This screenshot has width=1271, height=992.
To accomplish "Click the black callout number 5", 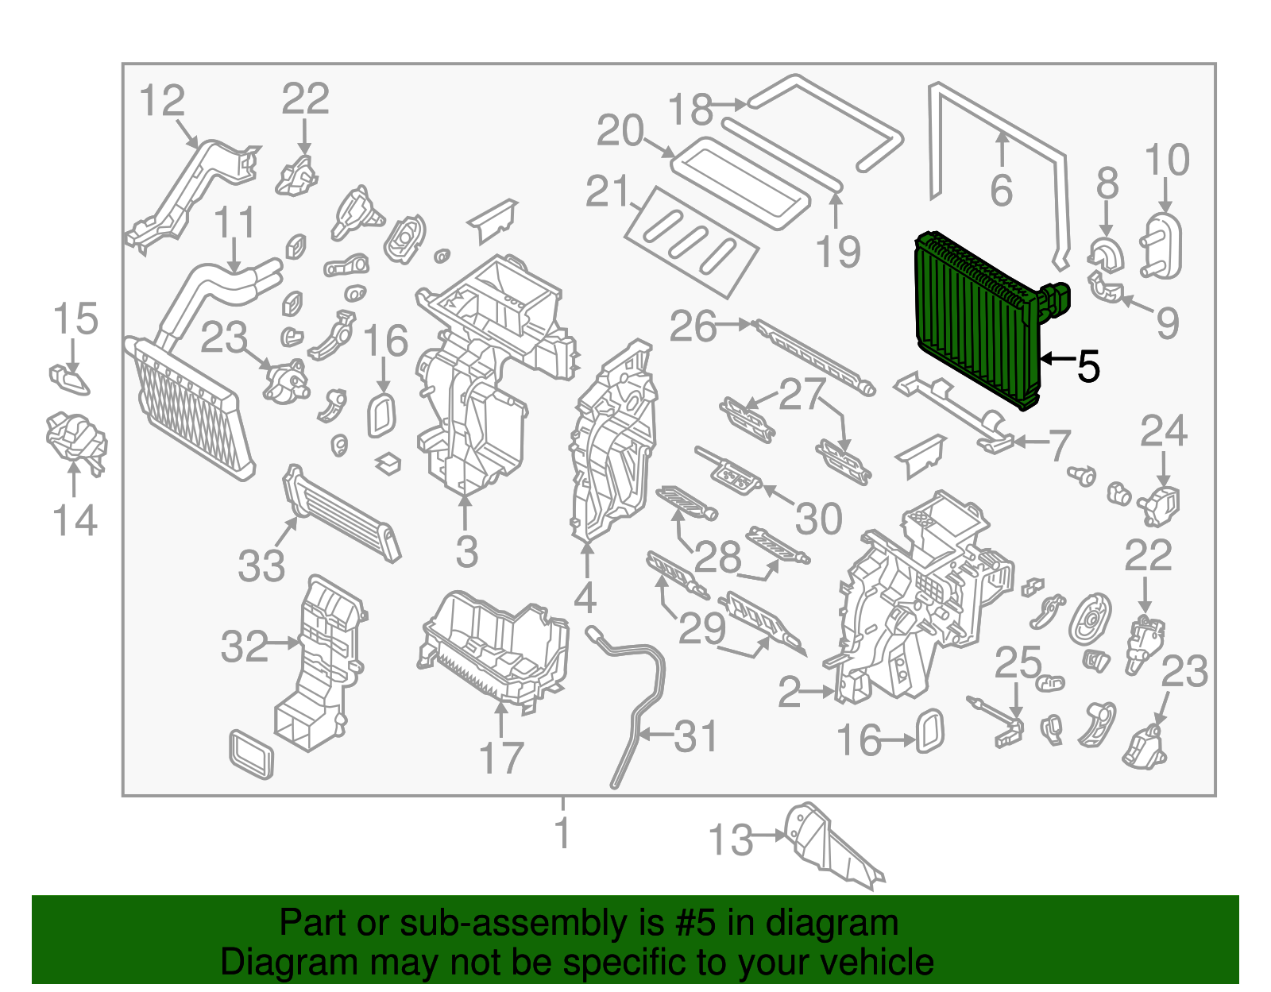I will (x=1088, y=367).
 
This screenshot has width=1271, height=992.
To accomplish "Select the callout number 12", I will (x=161, y=102).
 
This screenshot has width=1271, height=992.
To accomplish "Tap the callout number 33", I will (x=261, y=566).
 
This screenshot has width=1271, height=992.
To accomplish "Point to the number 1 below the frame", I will (x=562, y=833).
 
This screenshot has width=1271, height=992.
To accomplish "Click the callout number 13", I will (x=730, y=840).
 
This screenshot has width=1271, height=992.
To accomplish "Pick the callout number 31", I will (x=696, y=737).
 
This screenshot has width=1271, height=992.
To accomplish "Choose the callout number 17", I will (x=501, y=758).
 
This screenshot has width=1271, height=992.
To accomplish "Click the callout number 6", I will (x=1002, y=191).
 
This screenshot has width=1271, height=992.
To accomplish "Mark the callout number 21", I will (x=608, y=191).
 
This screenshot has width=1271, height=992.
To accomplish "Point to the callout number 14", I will (x=75, y=521).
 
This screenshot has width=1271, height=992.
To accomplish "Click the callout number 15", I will (x=75, y=319).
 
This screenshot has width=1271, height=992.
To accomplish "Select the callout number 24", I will (x=1164, y=432).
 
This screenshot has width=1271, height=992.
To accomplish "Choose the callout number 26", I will (x=693, y=326).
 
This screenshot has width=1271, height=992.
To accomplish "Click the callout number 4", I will (x=585, y=597).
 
